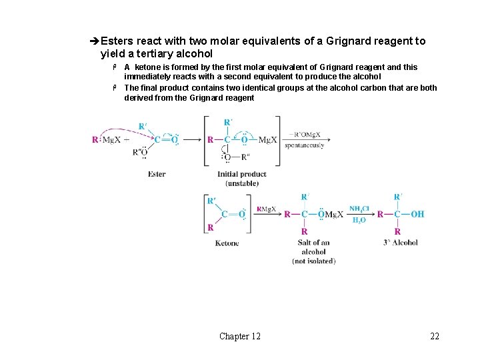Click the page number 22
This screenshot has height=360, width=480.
click(435, 336)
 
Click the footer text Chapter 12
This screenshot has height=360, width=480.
click(240, 336)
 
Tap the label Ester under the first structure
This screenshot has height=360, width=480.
click(157, 174)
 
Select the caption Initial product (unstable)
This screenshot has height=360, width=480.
click(242, 179)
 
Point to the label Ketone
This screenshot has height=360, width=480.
click(227, 243)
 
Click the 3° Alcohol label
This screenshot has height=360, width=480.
click(401, 243)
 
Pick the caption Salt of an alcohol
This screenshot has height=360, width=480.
click(313, 247)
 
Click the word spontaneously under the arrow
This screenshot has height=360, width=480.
click(304, 145)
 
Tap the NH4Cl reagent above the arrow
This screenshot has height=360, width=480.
click(359, 208)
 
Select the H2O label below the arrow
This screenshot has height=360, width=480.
click(359, 221)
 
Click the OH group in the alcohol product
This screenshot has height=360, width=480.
click(417, 214)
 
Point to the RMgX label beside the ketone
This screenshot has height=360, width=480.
click(266, 209)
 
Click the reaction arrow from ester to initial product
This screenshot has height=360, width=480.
click(193, 140)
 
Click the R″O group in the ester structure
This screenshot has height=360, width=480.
click(141, 152)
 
